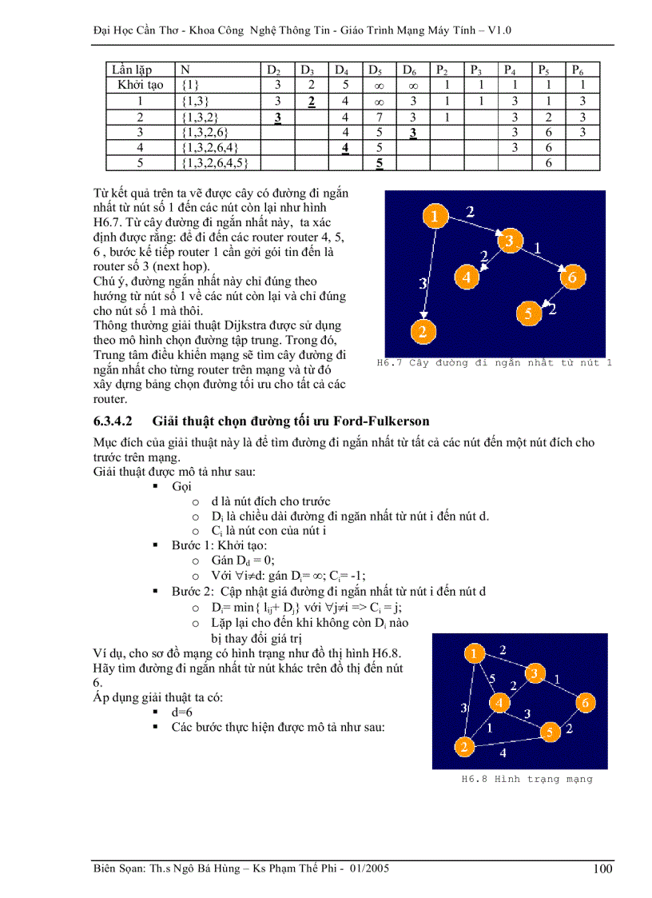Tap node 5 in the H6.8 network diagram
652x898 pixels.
[x=550, y=732]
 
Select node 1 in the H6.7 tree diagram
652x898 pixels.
[x=432, y=217]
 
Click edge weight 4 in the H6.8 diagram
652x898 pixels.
[x=503, y=752]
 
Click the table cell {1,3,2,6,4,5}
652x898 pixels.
[x=216, y=162]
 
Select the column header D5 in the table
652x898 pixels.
[x=375, y=70]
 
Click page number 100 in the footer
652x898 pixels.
[x=603, y=869]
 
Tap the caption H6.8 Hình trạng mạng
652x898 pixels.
[x=527, y=778]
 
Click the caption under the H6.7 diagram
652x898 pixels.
[x=494, y=363]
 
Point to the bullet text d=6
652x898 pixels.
[x=183, y=711]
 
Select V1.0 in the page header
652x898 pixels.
[x=498, y=30]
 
